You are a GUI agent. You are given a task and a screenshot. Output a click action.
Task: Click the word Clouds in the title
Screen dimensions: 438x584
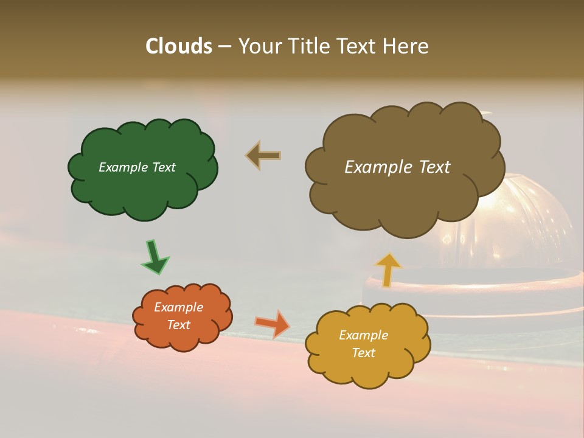tap(178, 46)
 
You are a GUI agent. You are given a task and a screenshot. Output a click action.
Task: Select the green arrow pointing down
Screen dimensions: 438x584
tap(155, 257)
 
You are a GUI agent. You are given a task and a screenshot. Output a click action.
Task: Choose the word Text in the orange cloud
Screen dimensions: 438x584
tap(179, 325)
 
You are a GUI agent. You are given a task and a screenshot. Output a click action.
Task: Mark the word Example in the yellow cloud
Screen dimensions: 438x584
tap(363, 335)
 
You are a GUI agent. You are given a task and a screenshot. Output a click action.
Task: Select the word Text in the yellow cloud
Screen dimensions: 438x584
tap(363, 353)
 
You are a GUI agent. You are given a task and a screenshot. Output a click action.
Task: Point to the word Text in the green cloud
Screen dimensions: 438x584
tap(163, 167)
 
